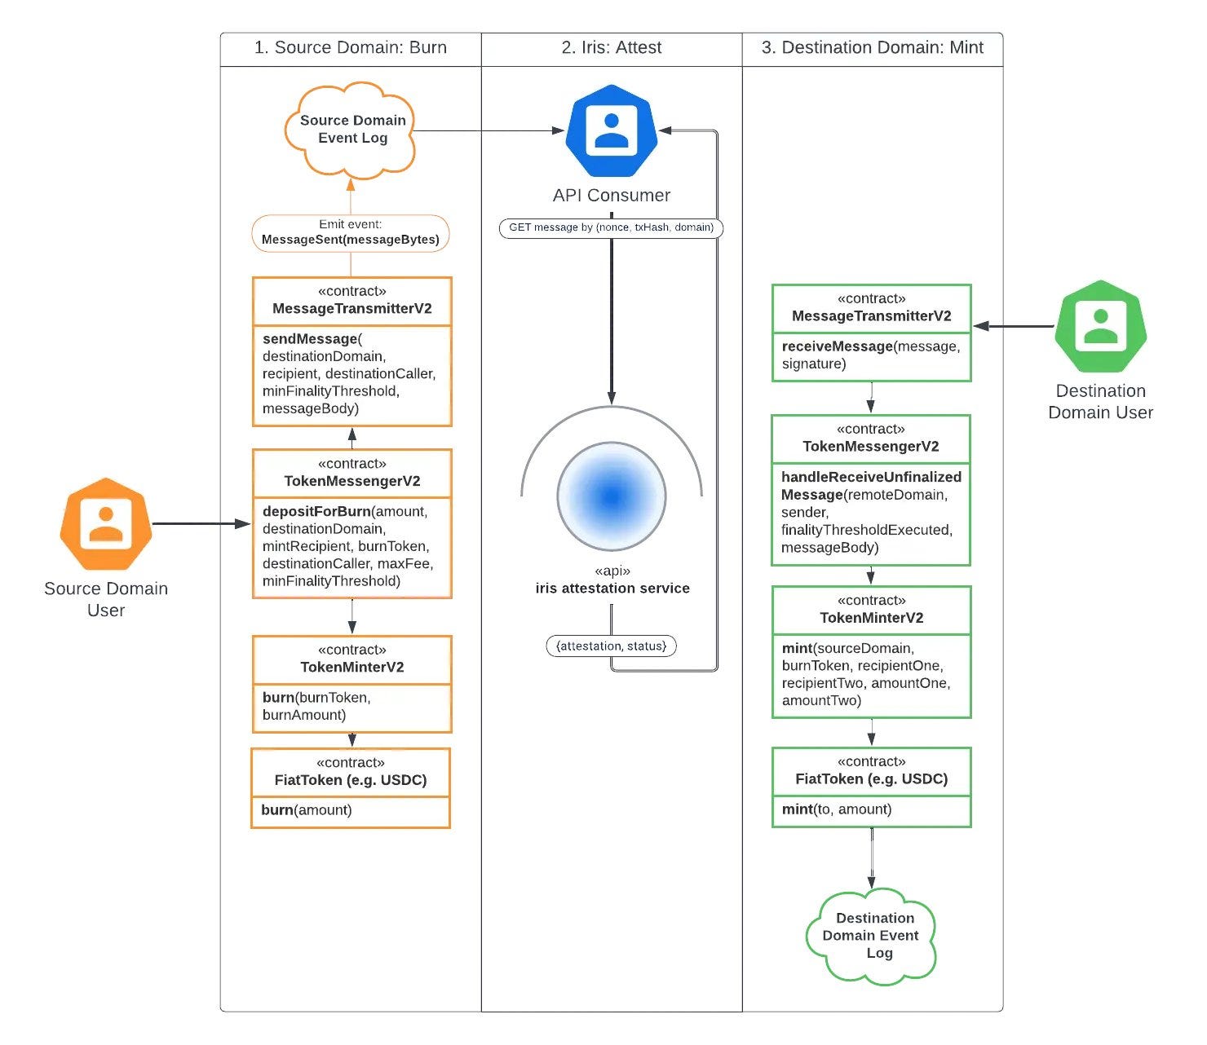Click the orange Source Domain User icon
[106, 523]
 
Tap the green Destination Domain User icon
[1101, 326]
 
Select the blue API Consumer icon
[612, 130]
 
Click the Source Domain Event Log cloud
[351, 130]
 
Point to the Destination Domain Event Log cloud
[871, 937]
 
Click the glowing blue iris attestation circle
[612, 496]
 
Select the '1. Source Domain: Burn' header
[351, 47]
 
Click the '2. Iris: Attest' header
[612, 47]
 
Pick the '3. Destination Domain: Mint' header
[873, 47]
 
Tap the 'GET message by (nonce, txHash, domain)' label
[612, 227]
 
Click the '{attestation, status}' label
[612, 646]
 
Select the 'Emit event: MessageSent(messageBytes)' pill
[351, 233]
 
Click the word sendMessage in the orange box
[309, 338]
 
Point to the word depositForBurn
[316, 511]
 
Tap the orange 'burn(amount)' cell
[351, 812]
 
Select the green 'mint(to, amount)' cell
[871, 811]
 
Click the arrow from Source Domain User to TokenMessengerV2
[201, 523]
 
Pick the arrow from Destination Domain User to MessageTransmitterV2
[1014, 326]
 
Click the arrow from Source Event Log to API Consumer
[489, 130]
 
